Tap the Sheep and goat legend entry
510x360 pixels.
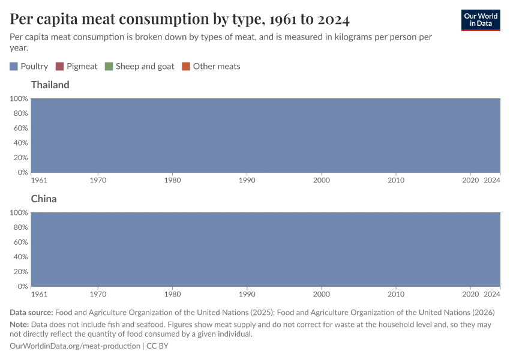point(139,67)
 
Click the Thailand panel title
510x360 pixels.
point(50,85)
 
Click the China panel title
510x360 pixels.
point(44,199)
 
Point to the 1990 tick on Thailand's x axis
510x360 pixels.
point(247,180)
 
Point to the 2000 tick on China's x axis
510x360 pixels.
point(322,294)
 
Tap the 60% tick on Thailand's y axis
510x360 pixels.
point(20,128)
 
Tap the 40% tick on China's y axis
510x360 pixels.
point(20,257)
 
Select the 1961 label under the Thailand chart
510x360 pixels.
point(39,180)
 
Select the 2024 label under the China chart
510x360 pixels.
point(492,294)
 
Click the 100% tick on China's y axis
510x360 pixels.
point(19,212)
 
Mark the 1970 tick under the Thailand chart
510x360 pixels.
point(98,180)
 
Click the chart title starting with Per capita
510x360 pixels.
point(180,19)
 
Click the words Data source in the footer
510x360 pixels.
point(31,313)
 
